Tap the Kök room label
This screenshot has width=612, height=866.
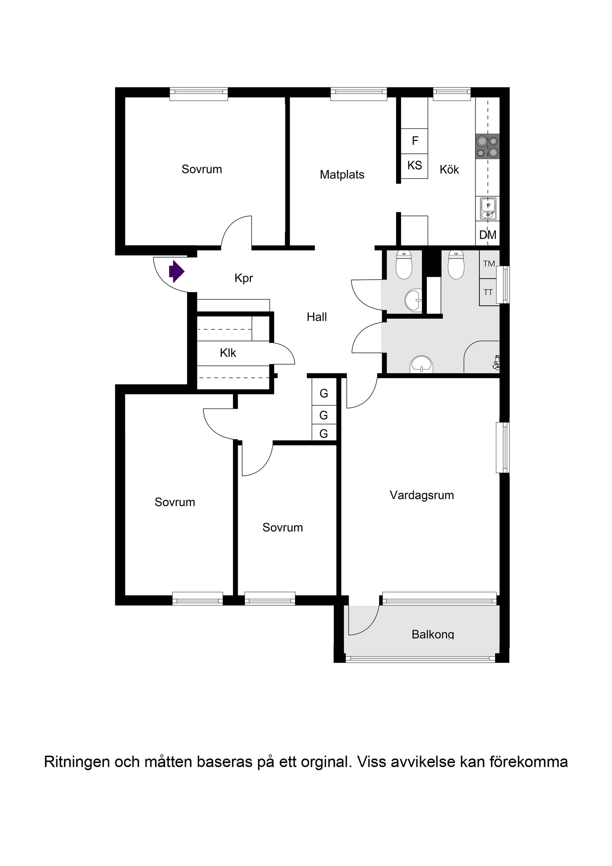click(449, 170)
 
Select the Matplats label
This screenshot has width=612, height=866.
click(342, 175)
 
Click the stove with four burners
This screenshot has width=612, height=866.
click(488, 147)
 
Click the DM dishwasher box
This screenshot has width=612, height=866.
click(488, 235)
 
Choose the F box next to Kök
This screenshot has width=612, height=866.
click(414, 141)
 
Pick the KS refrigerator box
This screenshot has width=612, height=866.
click(414, 166)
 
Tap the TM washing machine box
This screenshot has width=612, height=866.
click(489, 264)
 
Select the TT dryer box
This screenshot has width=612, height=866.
click(488, 292)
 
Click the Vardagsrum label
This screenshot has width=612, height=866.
click(422, 495)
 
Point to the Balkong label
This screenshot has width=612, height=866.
click(433, 635)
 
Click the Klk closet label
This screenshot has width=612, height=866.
click(228, 353)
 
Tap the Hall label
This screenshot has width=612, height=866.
click(317, 317)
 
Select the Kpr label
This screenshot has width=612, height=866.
click(244, 278)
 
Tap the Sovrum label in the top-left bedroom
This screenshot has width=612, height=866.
click(202, 169)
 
